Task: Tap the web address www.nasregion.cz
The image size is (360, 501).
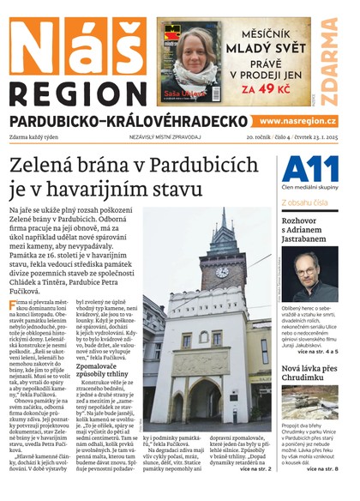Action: coord(297,122)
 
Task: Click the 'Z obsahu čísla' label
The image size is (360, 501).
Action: coord(303,202)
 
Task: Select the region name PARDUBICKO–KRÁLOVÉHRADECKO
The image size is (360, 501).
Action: coord(129,122)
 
